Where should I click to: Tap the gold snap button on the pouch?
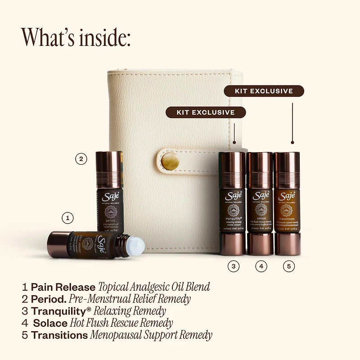[x=170, y=161]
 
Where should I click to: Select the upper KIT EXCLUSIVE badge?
[x=264, y=91]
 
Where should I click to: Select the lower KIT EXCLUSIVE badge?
[x=206, y=112]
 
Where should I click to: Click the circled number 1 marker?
[x=67, y=218]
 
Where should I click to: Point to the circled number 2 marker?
[x=81, y=158]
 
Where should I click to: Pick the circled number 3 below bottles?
[x=233, y=266]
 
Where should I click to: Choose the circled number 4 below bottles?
[x=261, y=266]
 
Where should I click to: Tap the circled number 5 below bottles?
[x=289, y=266]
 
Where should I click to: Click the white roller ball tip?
[x=136, y=246]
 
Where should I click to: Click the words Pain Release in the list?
[x=63, y=287]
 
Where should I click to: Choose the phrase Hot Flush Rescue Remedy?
[x=121, y=323]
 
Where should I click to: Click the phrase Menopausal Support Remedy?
[x=151, y=335]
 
